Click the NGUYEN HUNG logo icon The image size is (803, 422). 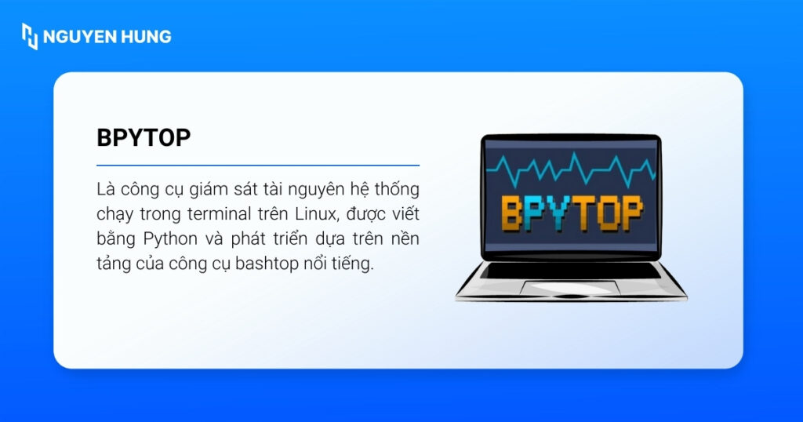point(30,36)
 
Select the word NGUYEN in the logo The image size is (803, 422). point(78,36)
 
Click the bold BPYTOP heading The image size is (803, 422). point(144,137)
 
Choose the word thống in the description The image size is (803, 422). point(398,190)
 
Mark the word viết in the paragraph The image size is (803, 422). point(403,214)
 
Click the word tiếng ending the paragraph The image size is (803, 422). point(354,264)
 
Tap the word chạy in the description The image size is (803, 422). point(116,214)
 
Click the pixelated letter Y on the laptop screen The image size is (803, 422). point(553,213)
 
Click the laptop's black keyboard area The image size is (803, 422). point(571,271)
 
